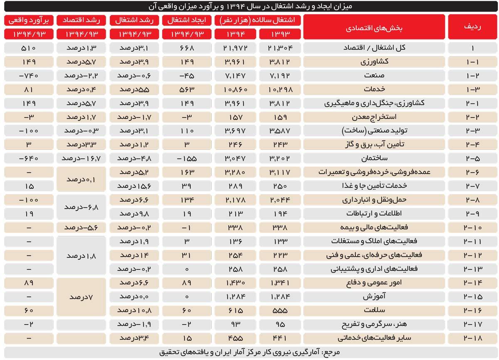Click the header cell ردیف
[x=472, y=27]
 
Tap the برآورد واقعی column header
[x=29, y=20]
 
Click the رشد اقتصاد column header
[x=82, y=20]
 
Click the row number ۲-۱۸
[x=472, y=338]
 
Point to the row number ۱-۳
[x=472, y=89]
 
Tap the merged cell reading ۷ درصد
[x=82, y=297]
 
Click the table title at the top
[x=249, y=7]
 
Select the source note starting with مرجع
[x=249, y=352]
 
